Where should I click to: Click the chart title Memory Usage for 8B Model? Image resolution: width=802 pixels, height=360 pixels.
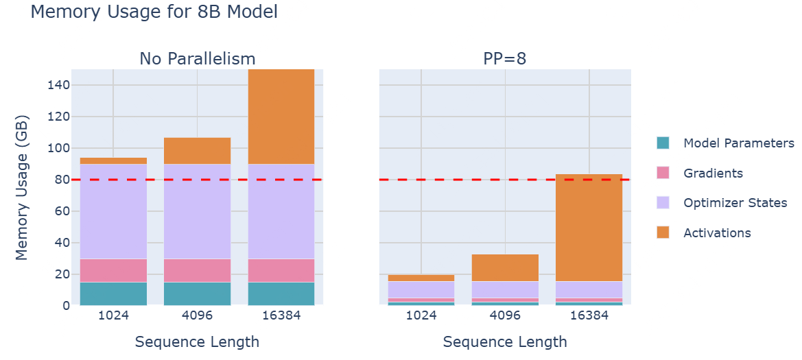154,12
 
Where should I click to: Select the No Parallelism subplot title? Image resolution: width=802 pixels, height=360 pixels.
197,58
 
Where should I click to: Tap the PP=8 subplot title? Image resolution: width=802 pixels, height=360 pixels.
505,58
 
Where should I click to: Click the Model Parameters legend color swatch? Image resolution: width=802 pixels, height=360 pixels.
663,143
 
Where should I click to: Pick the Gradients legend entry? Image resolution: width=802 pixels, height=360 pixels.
713,173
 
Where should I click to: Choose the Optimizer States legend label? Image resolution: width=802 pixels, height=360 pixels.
735,203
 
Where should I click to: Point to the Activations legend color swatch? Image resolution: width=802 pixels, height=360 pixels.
663,233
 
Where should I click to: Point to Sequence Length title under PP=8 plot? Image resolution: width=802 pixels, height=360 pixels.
505,341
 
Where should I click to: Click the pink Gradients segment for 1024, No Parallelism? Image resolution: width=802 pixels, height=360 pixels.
113,270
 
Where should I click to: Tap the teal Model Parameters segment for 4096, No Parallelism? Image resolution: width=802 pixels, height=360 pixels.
197,293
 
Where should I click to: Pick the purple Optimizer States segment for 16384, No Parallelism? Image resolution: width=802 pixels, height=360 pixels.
281,211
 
